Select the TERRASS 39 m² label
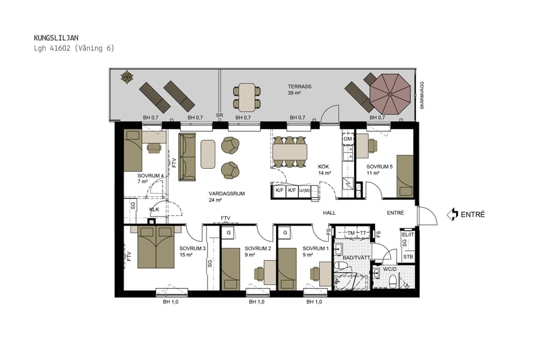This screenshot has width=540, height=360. pos(299,90)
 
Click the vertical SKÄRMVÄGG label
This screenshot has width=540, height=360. pos(422,95)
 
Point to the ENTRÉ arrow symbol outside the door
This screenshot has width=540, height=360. pos(452,214)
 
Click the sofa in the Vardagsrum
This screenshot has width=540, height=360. pos(187,157)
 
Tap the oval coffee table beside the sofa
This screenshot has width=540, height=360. pos(208,154)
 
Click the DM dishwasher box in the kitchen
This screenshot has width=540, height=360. pos(347,139)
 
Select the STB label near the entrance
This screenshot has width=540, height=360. pos(407,257)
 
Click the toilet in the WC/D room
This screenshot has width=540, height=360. pos(393,281)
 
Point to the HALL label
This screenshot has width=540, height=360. pos(329,213)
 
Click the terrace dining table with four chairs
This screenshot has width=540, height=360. pos(247,97)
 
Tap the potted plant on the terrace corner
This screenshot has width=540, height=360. pos(127,77)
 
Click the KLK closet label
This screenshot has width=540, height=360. pos(154,209)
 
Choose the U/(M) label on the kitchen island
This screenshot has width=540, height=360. pos(306,191)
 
